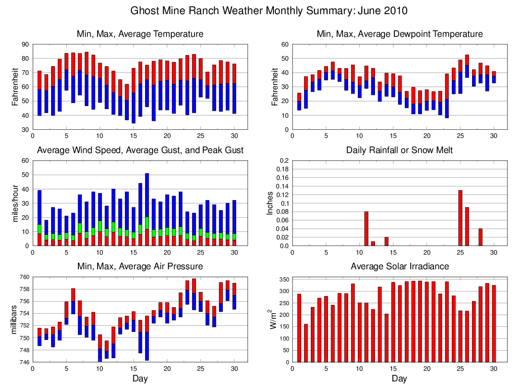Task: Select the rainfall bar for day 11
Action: point(366,229)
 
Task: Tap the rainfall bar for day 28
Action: point(481,237)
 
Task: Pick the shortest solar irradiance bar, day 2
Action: point(306,343)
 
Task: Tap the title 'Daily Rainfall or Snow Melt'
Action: point(399,150)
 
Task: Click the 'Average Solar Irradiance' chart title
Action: point(399,266)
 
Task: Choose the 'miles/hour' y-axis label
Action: point(15,203)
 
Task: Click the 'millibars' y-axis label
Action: point(15,319)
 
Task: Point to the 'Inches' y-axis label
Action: point(270,203)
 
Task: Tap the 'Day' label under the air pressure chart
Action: point(140,378)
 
